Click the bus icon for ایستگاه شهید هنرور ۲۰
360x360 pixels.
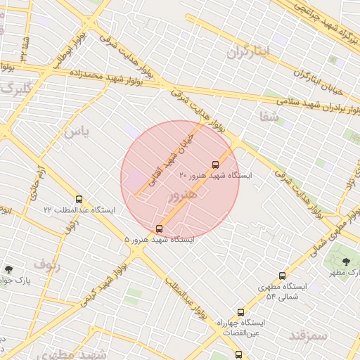(x=215, y=165)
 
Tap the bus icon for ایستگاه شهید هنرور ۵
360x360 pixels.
(x=159, y=229)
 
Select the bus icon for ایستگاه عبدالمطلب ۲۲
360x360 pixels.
(x=78, y=199)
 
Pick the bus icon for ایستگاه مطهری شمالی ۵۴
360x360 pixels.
(x=282, y=276)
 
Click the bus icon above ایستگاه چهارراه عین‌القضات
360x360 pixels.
(x=240, y=311)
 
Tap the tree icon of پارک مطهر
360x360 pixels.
(x=345, y=262)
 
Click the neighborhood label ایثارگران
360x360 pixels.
(x=248, y=51)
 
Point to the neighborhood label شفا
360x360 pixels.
(x=269, y=115)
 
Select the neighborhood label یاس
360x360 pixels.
(x=77, y=131)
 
